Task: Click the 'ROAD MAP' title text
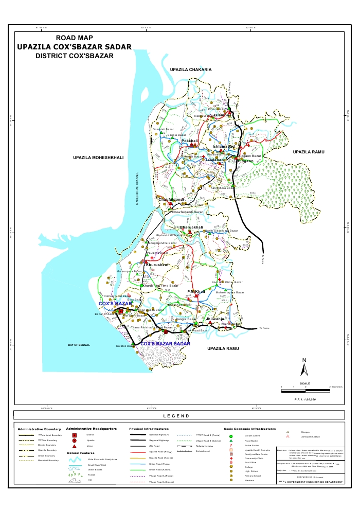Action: click(x=74, y=38)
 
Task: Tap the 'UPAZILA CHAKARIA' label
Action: click(x=191, y=69)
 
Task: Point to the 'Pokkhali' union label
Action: click(x=190, y=141)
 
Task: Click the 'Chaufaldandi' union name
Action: click(x=170, y=199)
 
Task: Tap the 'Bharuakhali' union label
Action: click(x=191, y=227)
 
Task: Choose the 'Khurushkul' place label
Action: click(x=157, y=265)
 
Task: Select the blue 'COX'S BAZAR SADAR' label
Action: click(x=165, y=343)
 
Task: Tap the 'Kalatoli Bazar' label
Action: click(x=126, y=346)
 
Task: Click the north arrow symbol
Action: click(x=304, y=366)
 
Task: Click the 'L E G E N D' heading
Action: click(x=176, y=416)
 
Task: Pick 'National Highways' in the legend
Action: click(x=159, y=435)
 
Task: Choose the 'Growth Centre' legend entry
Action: click(x=244, y=435)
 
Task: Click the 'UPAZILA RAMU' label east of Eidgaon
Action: click(x=307, y=152)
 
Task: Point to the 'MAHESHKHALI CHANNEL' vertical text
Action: click(x=137, y=188)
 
